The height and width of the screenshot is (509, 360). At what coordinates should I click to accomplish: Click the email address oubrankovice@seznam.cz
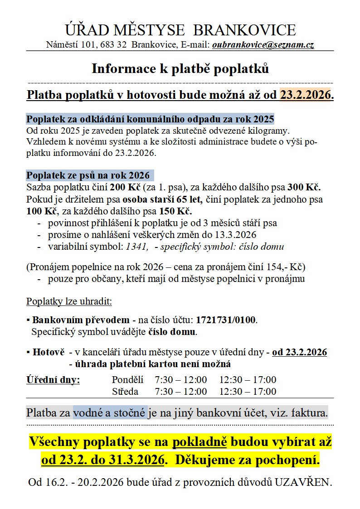tap(263, 45)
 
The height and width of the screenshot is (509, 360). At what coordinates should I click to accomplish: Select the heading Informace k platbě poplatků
tap(180, 68)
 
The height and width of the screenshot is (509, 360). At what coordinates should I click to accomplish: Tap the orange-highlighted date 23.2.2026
tap(305, 95)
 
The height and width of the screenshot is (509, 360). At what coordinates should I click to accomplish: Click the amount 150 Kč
tap(175, 211)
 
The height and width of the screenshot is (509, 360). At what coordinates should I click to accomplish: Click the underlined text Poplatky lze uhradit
tap(69, 301)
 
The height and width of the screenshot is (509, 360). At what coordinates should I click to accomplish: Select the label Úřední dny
tap(53, 379)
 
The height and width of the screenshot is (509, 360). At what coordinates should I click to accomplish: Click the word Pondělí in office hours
tap(127, 380)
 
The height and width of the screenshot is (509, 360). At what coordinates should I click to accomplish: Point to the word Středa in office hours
tap(125, 392)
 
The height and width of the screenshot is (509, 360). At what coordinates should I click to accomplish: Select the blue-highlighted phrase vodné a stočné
tap(110, 413)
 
